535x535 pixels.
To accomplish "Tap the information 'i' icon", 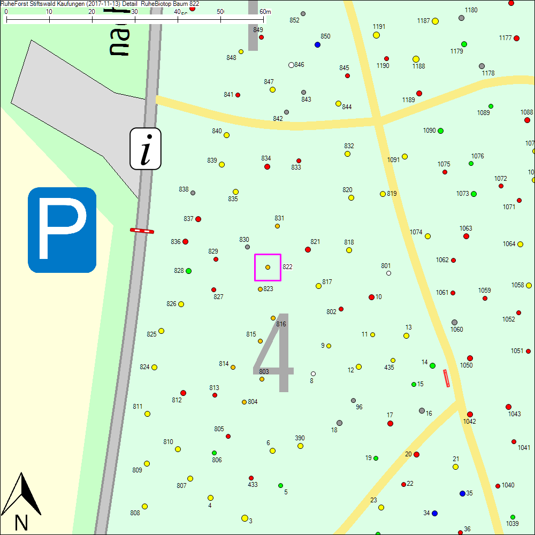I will (x=146, y=149).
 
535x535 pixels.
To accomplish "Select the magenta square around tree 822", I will (x=267, y=267).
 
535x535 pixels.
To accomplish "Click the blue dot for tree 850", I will (x=317, y=45).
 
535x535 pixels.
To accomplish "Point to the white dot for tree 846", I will (x=291, y=65).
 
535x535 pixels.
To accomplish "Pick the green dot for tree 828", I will (x=188, y=271).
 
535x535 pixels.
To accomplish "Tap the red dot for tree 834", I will (x=267, y=166).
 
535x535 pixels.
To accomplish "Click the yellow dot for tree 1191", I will (x=376, y=35).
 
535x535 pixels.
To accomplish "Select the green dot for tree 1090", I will (x=440, y=131).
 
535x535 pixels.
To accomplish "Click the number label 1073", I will (x=462, y=194).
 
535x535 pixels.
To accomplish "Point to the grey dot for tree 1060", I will (x=454, y=323).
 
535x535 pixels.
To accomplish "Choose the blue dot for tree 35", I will (x=462, y=493).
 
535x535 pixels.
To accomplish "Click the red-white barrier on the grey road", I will (x=142, y=231).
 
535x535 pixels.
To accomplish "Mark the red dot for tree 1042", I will (x=470, y=414).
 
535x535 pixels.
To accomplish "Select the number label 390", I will (x=300, y=438).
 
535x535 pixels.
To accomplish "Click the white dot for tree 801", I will (x=388, y=273).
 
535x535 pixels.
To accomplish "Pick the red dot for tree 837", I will (x=198, y=219).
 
